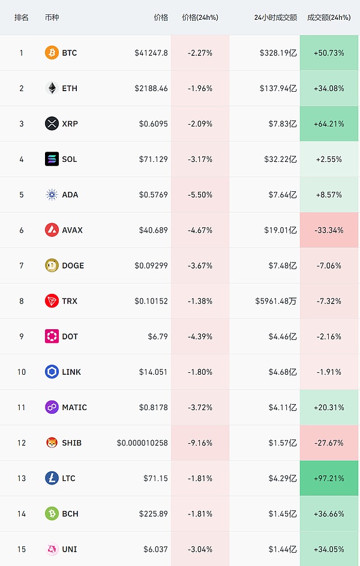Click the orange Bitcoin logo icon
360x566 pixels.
(52, 53)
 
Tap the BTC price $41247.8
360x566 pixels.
(151, 53)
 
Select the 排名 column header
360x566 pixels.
(22, 17)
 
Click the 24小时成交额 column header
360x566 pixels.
(275, 17)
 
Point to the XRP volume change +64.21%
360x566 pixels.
(329, 124)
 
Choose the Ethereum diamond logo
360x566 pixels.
(52, 88)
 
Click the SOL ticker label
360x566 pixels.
(70, 159)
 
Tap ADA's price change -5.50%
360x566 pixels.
(200, 194)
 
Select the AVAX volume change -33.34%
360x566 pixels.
(329, 230)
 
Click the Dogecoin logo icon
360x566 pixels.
(52, 265)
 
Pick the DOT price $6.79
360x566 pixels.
(158, 336)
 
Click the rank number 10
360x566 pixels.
(22, 372)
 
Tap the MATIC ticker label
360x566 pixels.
(74, 407)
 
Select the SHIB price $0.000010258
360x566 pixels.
(142, 442)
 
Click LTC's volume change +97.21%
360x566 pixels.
(329, 478)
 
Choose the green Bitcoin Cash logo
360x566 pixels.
(52, 513)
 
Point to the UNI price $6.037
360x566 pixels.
(155, 549)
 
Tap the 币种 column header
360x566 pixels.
(52, 17)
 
